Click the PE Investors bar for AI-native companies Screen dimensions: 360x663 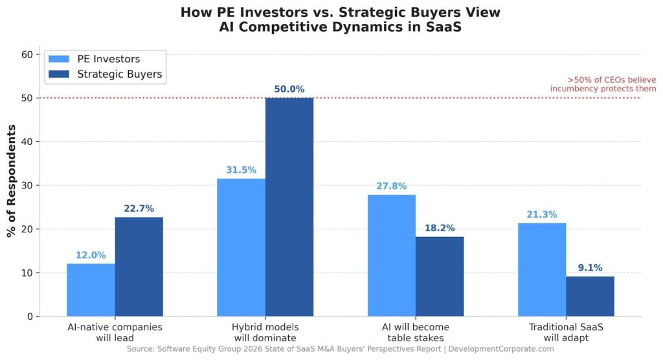pyautogui.click(x=91, y=290)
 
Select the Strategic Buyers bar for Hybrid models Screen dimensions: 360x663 pyautogui.click(x=289, y=207)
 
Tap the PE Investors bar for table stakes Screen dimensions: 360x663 pyautogui.click(x=391, y=256)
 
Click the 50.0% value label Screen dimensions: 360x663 pyautogui.click(x=289, y=89)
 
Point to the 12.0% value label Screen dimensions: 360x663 pyautogui.click(x=91, y=255)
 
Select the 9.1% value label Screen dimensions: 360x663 pyautogui.click(x=590, y=268)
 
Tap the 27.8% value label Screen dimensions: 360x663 pyautogui.click(x=391, y=186)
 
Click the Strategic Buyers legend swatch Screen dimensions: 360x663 pyautogui.click(x=60, y=74)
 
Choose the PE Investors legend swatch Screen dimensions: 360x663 pyautogui.click(x=60, y=59)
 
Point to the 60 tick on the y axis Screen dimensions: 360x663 pyautogui.click(x=27, y=54)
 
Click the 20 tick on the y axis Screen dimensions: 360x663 pyautogui.click(x=27, y=229)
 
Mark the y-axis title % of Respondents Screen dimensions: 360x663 pyautogui.click(x=11, y=181)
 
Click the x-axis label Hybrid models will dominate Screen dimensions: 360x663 pyautogui.click(x=265, y=332)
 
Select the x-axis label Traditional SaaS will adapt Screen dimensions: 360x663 pyautogui.click(x=565, y=332)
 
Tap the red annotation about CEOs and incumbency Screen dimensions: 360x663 pyautogui.click(x=603, y=84)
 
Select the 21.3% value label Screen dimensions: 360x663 pyautogui.click(x=541, y=215)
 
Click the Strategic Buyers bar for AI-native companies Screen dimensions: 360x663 pyautogui.click(x=139, y=267)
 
